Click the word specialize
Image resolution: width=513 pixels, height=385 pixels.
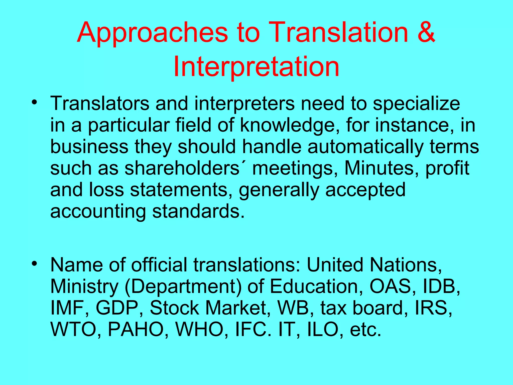point(416,104)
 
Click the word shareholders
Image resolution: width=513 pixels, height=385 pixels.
point(182,168)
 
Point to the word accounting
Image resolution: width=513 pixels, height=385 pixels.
point(98,211)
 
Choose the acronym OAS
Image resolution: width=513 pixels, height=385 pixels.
point(390,286)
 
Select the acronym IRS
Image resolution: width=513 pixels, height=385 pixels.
point(433,308)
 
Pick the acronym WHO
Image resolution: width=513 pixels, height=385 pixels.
point(202,329)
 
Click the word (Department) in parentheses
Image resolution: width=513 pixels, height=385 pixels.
point(183,287)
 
